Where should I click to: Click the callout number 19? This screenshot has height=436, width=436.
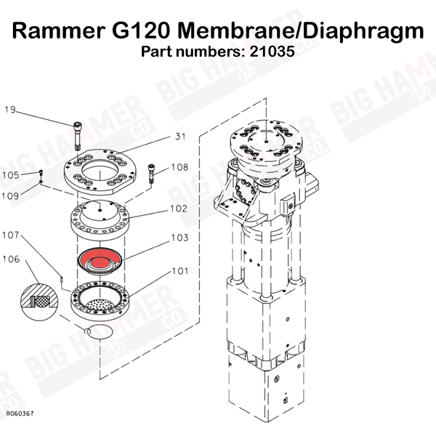point(10,110)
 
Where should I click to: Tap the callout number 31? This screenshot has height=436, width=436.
point(180,137)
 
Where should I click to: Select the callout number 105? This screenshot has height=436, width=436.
point(11,175)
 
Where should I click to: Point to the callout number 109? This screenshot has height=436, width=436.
point(10,196)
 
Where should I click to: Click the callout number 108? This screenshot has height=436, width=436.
point(179,167)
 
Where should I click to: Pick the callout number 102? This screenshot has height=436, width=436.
point(179,209)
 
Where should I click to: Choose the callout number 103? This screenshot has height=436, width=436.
point(179,238)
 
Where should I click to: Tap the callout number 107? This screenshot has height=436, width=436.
point(11,235)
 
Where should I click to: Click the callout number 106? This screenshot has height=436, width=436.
point(11,259)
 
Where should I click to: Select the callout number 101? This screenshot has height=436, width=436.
point(180,271)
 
